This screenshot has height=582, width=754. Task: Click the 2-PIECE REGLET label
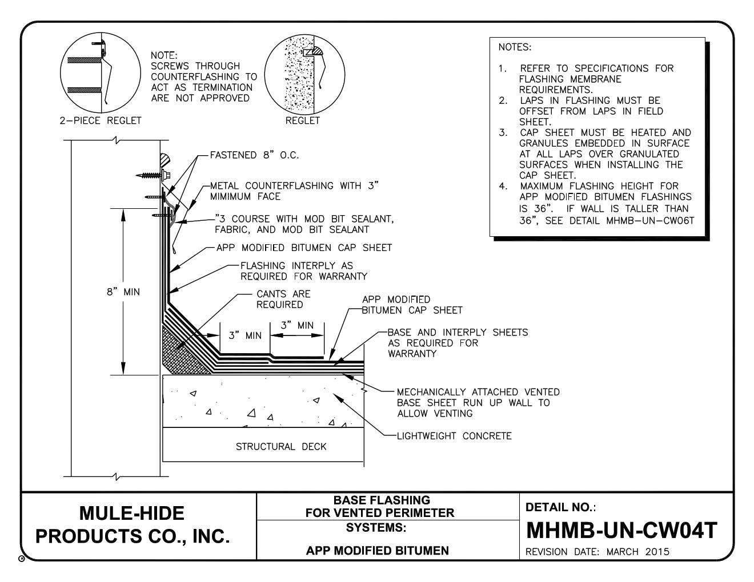(x=100, y=120)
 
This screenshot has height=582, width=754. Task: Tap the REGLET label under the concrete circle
(x=303, y=120)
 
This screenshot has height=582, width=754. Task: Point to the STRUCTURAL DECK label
(x=281, y=446)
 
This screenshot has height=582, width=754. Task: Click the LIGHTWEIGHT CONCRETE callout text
(x=454, y=436)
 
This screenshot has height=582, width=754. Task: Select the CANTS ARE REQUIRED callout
(x=283, y=299)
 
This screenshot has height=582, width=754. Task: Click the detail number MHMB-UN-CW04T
(x=621, y=531)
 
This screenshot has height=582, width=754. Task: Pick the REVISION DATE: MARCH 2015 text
(x=597, y=552)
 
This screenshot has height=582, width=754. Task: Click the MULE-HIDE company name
(x=132, y=513)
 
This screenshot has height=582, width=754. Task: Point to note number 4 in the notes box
(x=503, y=186)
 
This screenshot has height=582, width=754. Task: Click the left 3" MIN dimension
(x=245, y=336)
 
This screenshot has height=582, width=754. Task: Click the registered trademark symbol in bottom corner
(x=22, y=558)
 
